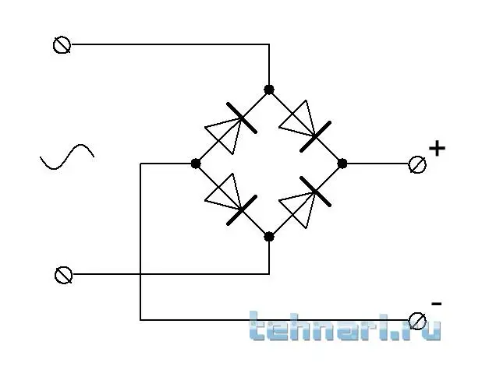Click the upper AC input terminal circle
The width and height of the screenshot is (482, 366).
click(62, 45)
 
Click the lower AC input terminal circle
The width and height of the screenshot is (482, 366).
click(64, 275)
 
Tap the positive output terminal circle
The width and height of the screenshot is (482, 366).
click(417, 164)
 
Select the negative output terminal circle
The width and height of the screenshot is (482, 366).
click(417, 321)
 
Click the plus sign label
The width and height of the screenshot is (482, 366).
click(437, 149)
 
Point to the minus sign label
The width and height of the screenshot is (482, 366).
click(437, 304)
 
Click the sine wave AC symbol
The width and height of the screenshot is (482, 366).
click(67, 157)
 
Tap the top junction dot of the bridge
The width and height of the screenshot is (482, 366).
click(269, 90)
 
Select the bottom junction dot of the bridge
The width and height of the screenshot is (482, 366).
click(269, 237)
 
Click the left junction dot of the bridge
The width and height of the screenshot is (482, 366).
click(196, 164)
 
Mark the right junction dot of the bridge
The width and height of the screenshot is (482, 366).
click(342, 164)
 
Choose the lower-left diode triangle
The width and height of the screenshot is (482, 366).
click(224, 192)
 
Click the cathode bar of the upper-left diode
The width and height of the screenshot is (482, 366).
click(242, 118)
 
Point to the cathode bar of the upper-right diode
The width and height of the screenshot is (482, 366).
click(315, 136)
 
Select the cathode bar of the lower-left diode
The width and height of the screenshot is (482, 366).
click(242, 210)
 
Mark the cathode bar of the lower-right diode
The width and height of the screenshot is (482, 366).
click(315, 192)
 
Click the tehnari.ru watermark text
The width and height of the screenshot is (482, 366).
click(345, 326)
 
